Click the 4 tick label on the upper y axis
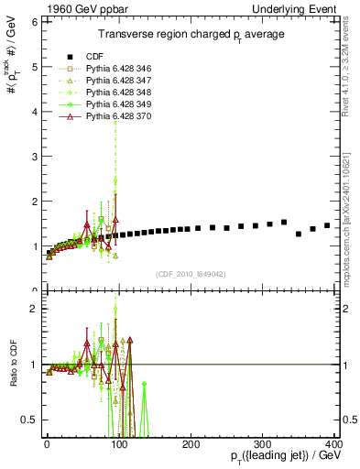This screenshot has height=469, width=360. pyautogui.click(x=33, y=113)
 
